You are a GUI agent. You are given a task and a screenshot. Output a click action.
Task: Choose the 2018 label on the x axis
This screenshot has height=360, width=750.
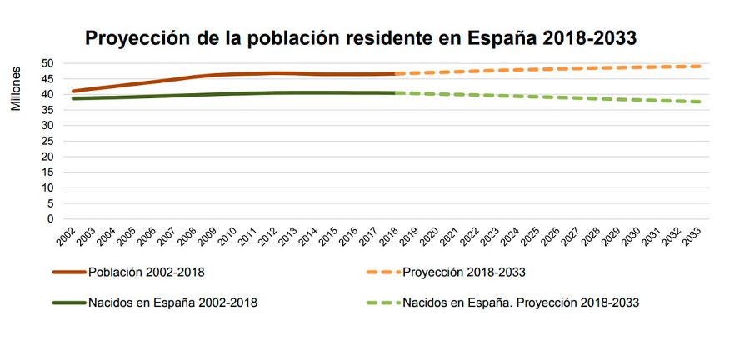click(x=387, y=236)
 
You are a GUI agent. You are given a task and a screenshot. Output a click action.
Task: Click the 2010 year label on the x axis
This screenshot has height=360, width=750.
click(x=227, y=236)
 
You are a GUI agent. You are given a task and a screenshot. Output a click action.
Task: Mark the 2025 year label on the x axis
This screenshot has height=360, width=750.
click(x=528, y=236)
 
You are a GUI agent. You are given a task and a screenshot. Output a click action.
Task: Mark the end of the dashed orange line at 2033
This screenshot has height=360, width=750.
click(x=699, y=67)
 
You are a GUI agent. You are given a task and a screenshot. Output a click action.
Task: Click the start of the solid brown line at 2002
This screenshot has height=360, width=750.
click(x=73, y=91)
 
